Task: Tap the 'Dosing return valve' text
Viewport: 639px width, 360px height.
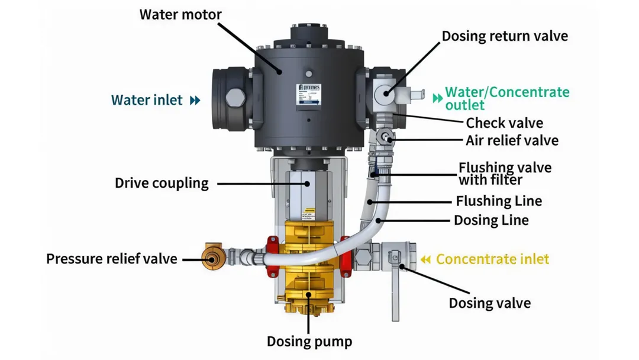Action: (505, 36)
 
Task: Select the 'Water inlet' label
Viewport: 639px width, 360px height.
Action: (147, 100)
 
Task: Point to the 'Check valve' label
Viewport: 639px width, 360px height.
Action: (504, 123)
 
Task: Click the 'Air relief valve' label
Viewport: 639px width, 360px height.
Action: (512, 141)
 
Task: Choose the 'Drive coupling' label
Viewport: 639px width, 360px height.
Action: (162, 183)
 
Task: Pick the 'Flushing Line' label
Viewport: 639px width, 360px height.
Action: (499, 201)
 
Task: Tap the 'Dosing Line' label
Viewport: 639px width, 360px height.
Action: (491, 221)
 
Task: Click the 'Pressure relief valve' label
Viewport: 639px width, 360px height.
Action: (112, 259)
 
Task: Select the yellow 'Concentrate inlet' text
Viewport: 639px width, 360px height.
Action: (492, 259)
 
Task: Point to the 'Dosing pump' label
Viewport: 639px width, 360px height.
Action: (309, 342)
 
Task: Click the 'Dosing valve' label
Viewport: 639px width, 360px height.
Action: (489, 304)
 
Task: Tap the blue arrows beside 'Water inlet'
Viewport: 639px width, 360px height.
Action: (195, 101)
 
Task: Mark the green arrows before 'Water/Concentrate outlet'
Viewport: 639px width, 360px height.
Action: (437, 98)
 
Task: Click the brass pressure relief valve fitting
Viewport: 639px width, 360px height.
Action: (211, 258)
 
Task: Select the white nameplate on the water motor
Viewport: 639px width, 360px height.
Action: (308, 95)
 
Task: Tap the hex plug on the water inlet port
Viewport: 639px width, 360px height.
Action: (235, 97)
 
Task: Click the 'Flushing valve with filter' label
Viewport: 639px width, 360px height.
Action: (505, 173)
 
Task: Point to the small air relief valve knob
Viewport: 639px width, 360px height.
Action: (386, 137)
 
